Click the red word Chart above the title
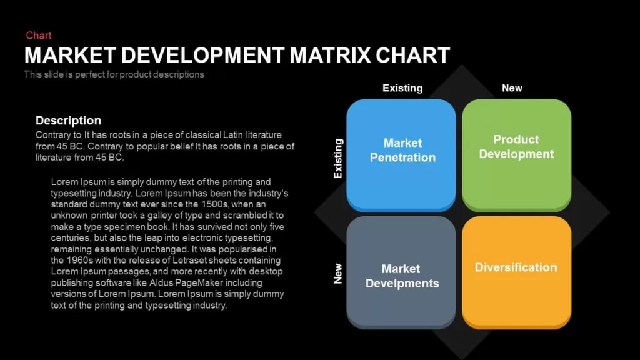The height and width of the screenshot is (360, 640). point(39,36)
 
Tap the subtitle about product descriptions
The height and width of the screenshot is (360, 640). point(114,74)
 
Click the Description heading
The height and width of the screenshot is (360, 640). point(68,121)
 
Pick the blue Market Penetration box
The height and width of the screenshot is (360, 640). point(401,155)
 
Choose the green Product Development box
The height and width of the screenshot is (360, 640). point(516,155)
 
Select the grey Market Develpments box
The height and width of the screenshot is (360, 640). point(401,272)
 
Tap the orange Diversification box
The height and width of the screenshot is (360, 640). point(516,272)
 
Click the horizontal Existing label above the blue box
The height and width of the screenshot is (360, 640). point(402,88)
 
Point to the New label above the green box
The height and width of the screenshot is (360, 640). point(512,88)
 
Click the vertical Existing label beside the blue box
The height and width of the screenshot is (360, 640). point(338,158)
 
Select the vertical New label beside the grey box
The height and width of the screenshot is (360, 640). point(338,274)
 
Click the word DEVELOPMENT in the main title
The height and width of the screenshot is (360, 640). point(203,56)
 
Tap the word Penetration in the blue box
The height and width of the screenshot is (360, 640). point(403,157)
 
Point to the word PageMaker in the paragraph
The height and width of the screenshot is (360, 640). point(199,283)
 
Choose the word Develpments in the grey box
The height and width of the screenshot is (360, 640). point(402,284)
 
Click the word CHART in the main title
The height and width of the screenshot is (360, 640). point(412,56)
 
